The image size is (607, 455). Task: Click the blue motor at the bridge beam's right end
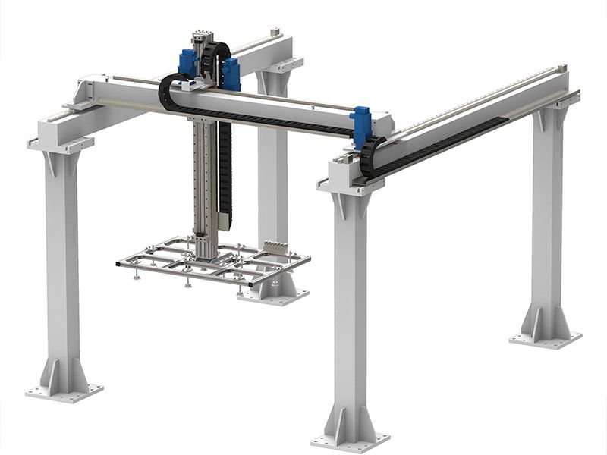[x=360, y=121]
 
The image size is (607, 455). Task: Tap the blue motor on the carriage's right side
[x=231, y=74]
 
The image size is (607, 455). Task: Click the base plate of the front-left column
[x=64, y=391]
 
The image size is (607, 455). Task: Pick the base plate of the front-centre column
[x=350, y=439]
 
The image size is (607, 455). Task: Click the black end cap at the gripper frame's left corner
[x=119, y=264]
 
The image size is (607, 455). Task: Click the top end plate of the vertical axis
[x=200, y=35]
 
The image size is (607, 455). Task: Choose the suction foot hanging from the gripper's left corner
[x=136, y=275]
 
